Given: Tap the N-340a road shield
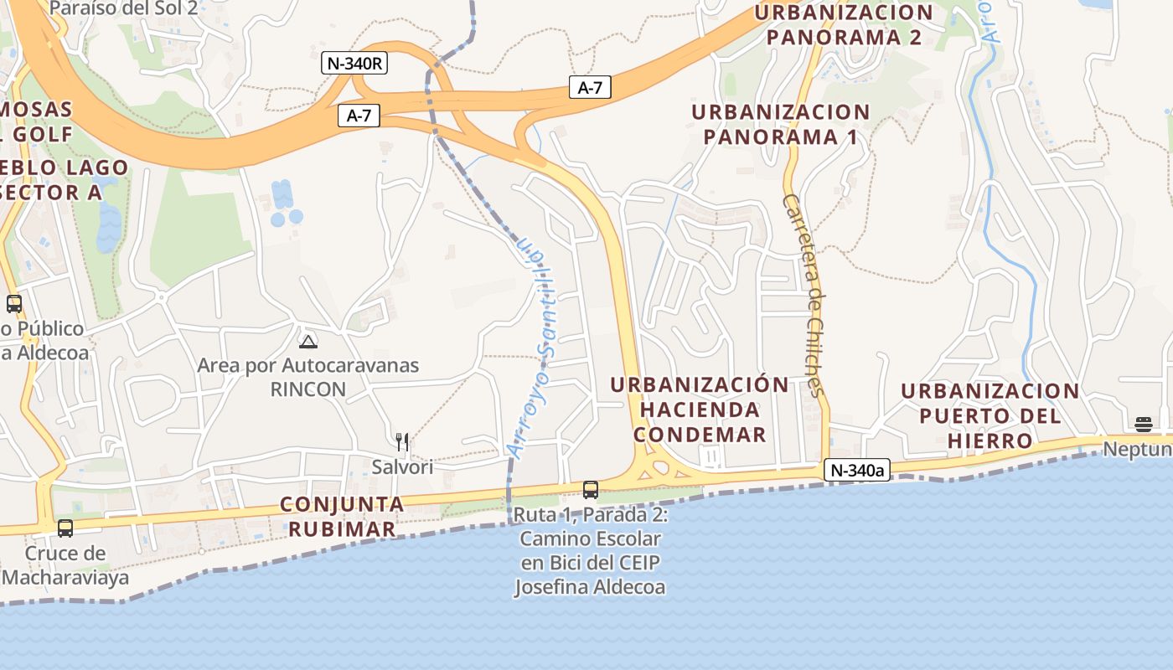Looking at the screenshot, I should click(x=855, y=471).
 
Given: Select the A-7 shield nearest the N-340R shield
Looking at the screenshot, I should click(x=359, y=116).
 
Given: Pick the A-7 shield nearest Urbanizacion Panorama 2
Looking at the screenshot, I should click(x=590, y=87).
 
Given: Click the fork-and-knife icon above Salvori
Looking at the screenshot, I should click(x=402, y=441).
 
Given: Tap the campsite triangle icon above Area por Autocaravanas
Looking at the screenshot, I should click(x=308, y=342).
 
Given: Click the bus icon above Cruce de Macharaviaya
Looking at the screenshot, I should click(x=65, y=528).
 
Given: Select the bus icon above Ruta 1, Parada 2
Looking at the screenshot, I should click(x=591, y=490).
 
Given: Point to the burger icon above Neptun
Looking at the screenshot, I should click(x=1144, y=424).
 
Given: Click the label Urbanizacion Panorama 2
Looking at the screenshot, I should click(x=844, y=25).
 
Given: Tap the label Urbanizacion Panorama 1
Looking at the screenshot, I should click(x=781, y=124).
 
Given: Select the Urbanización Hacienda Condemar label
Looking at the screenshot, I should click(x=700, y=410).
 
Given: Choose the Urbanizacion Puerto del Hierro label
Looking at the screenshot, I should click(x=990, y=415).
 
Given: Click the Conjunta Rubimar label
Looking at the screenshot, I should click(x=342, y=517).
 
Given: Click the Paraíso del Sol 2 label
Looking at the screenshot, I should click(x=124, y=9).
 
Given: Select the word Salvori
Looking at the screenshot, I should click(x=402, y=466).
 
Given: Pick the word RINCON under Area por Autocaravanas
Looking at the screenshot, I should click(x=308, y=389).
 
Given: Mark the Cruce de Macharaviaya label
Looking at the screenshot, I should click(x=65, y=565).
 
